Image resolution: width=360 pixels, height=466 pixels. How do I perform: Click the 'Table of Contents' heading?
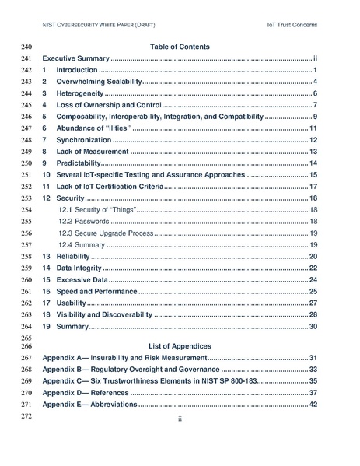[180, 47]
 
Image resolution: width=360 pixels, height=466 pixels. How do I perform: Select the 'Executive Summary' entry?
[76, 58]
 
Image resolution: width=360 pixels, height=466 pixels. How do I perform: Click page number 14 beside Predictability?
[313, 163]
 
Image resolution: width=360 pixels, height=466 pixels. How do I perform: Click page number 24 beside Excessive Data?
[313, 279]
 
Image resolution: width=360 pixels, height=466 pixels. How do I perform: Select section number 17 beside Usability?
[46, 303]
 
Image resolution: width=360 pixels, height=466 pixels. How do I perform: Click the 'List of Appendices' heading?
[180, 345]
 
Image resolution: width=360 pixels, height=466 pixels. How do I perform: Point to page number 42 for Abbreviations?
[313, 404]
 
